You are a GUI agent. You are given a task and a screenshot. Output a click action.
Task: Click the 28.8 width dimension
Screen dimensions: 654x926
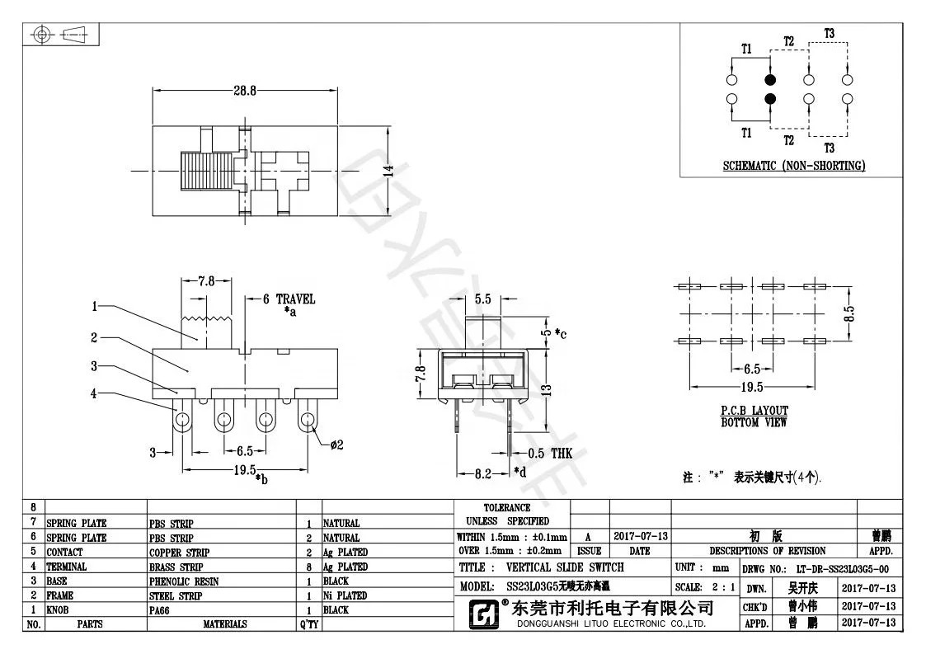click(244, 90)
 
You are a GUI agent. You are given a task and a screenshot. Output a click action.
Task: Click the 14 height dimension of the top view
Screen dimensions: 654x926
click(388, 171)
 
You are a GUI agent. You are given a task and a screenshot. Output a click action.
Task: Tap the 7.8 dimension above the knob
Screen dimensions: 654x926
click(205, 280)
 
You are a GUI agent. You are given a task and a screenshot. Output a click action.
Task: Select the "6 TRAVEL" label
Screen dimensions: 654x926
click(288, 299)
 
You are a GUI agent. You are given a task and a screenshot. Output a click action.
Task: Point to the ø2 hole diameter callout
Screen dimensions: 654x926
click(336, 445)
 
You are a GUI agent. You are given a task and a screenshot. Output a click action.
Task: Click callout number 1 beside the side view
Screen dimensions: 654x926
click(95, 306)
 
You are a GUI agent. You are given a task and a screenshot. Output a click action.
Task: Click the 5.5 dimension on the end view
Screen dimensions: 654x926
click(483, 299)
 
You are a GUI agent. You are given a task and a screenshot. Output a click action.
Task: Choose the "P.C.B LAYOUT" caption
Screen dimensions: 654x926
click(754, 411)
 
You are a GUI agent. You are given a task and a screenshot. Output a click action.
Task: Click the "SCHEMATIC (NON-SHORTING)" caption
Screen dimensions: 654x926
click(793, 166)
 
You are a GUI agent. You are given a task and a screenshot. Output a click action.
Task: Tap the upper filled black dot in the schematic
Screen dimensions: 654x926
click(770, 80)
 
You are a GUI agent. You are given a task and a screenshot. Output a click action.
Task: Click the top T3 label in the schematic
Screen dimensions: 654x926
click(829, 33)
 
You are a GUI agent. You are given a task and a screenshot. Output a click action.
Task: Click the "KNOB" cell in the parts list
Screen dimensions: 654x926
click(59, 610)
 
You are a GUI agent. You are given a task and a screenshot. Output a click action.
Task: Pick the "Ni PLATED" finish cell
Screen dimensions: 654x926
click(345, 595)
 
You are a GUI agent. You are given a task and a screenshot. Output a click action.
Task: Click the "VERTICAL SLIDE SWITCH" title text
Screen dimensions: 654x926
click(565, 567)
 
